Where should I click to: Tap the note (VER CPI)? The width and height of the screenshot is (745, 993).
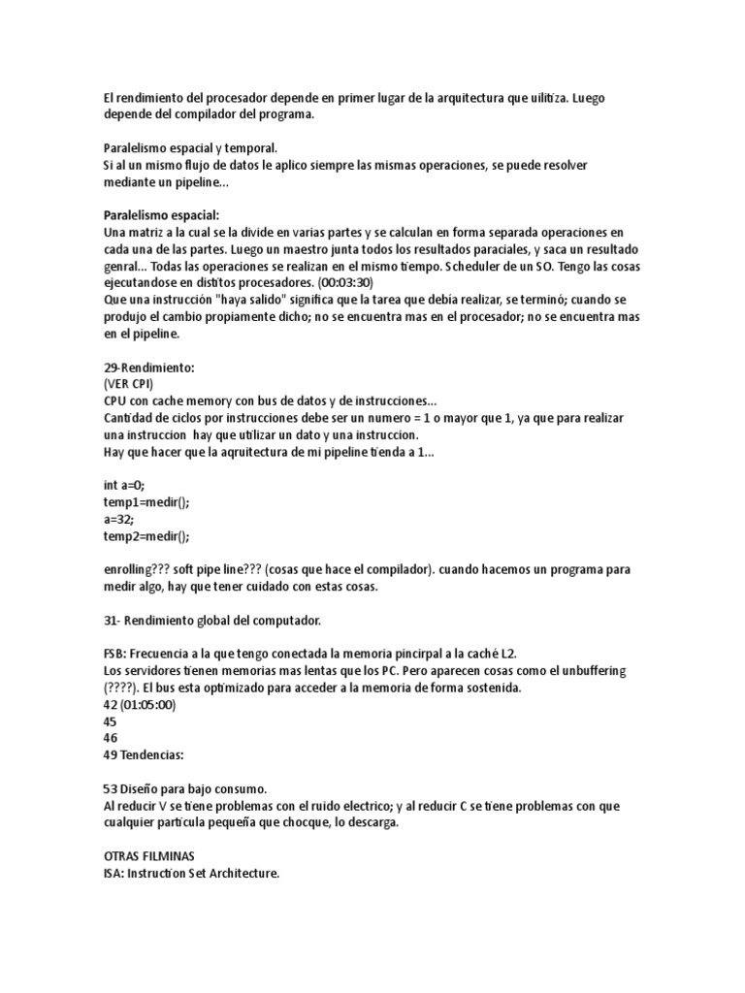(128, 384)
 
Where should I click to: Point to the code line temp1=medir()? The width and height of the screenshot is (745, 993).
(147, 502)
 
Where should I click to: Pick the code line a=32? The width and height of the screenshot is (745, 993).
(119, 519)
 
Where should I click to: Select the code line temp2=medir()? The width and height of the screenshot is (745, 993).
(147, 535)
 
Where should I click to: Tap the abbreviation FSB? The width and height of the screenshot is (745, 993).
(115, 655)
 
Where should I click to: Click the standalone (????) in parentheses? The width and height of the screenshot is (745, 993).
(122, 689)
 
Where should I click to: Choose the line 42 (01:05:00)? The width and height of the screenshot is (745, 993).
(140, 705)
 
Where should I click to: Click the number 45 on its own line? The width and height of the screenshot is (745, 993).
(110, 721)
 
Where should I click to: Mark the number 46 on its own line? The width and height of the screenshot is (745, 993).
(110, 738)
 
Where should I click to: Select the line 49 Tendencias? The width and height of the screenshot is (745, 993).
(144, 755)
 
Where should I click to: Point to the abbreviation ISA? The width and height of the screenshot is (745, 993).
(114, 874)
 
